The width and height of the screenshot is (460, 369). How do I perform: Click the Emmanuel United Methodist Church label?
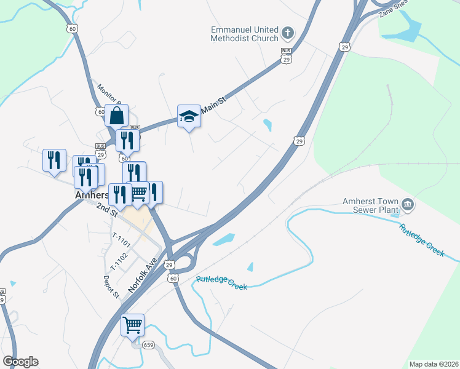point(245,33)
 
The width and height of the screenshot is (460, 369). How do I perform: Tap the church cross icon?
point(288,32)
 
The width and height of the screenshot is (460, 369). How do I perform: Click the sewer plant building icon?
point(408,204)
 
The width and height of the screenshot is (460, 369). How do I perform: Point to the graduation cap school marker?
point(189,116)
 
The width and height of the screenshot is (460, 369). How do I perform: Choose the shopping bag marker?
point(116,115)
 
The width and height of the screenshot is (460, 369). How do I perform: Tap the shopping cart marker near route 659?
point(133,324)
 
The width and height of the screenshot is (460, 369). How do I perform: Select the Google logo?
point(20,362)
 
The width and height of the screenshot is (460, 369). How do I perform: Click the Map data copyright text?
point(433,364)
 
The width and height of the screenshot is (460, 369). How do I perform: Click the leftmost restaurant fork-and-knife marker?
point(54,160)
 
